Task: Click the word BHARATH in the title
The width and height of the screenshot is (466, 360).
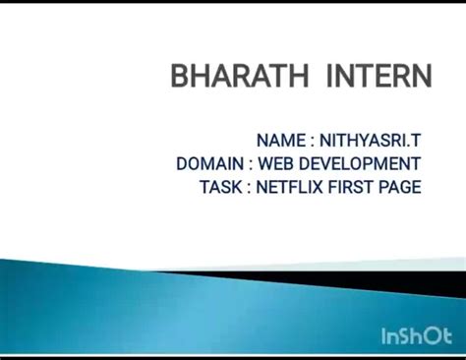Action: [238, 77]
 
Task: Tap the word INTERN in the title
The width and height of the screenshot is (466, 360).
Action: [379, 77]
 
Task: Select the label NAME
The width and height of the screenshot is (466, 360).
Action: [280, 141]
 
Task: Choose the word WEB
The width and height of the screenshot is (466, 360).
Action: [276, 163]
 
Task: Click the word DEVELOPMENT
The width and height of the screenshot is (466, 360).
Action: [360, 163]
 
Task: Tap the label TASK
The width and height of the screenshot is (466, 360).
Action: [220, 186]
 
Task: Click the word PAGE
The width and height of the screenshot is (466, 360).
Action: [401, 186]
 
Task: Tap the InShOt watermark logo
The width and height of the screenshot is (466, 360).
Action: [415, 337]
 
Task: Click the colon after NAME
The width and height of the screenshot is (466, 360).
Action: [312, 142]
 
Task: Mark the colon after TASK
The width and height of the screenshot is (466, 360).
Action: [249, 187]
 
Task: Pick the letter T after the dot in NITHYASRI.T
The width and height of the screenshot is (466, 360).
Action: [416, 141]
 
